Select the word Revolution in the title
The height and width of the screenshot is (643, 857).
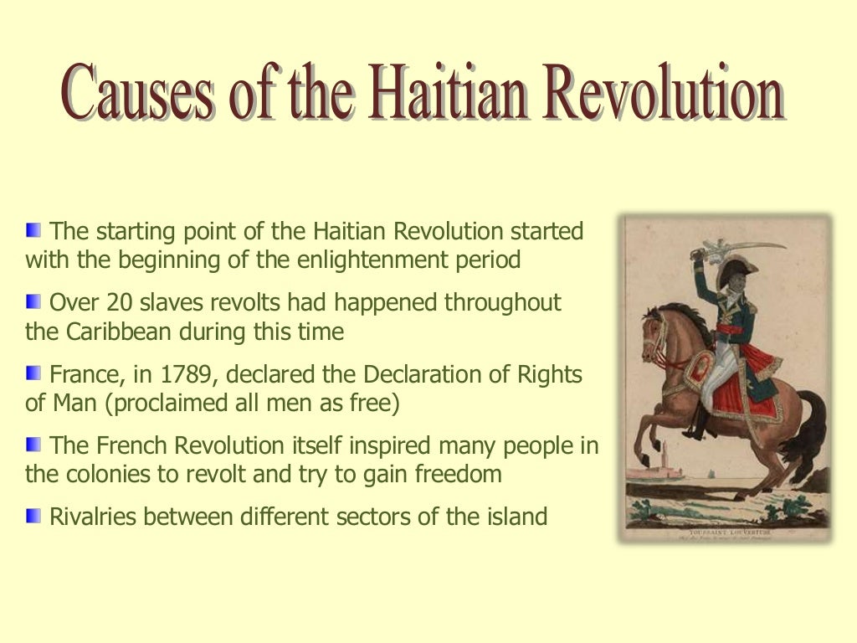661,95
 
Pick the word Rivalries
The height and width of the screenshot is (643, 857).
94,517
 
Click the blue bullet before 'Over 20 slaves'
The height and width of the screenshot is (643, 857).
33,301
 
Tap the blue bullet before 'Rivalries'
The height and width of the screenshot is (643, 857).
33,515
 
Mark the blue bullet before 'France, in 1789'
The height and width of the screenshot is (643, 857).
33,373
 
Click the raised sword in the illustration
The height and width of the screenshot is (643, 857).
745,244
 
